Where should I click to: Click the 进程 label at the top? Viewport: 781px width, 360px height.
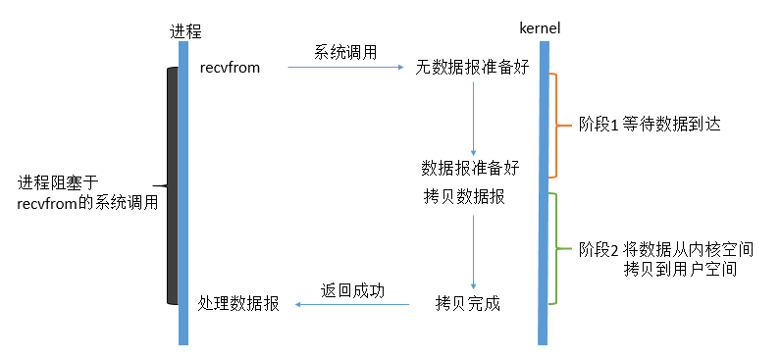pyautogui.click(x=182, y=30)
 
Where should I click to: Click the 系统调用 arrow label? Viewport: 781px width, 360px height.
pyautogui.click(x=345, y=52)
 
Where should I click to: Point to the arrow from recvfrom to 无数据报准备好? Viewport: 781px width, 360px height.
pyautogui.click(x=345, y=68)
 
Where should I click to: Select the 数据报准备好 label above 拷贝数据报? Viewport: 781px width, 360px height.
pyautogui.click(x=470, y=167)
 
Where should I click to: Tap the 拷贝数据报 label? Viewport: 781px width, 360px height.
pyautogui.click(x=464, y=196)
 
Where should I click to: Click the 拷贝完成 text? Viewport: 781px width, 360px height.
pyautogui.click(x=468, y=304)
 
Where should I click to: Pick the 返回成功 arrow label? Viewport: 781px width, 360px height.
pyautogui.click(x=353, y=290)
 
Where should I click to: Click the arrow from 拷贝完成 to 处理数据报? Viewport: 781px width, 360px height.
pyautogui.click(x=353, y=305)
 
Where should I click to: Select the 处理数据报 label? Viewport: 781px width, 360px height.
pyautogui.click(x=238, y=304)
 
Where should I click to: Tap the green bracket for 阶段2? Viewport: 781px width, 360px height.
pyautogui.click(x=555, y=247)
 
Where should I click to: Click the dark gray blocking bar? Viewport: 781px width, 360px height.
pyautogui.click(x=172, y=186)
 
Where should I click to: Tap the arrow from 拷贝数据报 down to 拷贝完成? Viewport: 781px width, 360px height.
pyautogui.click(x=474, y=250)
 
